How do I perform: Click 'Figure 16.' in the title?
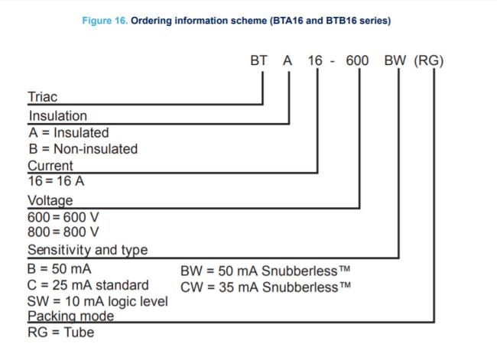(x=105, y=21)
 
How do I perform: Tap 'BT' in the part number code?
(x=258, y=60)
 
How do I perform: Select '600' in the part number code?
(x=357, y=60)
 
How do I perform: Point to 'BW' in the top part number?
(x=395, y=60)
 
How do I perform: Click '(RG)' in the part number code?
(x=428, y=60)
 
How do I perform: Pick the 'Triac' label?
(x=43, y=97)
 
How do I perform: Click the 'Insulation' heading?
(x=57, y=116)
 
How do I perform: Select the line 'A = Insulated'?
(x=69, y=132)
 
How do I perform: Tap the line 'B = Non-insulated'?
(x=83, y=149)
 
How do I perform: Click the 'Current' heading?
(x=50, y=166)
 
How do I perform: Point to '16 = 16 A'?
(x=56, y=181)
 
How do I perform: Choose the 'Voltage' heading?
(x=50, y=201)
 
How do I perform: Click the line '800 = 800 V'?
(x=63, y=232)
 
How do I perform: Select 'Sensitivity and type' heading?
(x=87, y=250)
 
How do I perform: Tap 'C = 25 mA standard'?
(x=88, y=285)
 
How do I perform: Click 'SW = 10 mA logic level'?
(x=98, y=301)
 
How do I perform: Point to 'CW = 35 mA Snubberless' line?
(x=265, y=287)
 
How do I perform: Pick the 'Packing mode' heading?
(x=70, y=316)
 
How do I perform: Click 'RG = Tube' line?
(x=61, y=332)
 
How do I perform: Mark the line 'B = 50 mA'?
(x=60, y=269)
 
